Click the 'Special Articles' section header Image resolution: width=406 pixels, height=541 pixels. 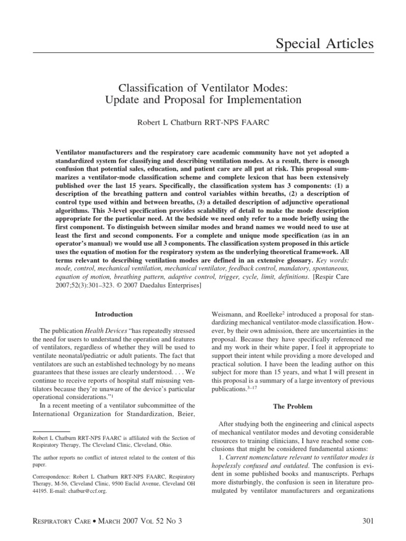point(325,43)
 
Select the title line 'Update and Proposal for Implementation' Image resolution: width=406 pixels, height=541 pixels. point(203,99)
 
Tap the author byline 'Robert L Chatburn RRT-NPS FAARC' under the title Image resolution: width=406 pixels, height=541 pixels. point(203,122)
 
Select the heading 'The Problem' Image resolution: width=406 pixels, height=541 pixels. point(292,406)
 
